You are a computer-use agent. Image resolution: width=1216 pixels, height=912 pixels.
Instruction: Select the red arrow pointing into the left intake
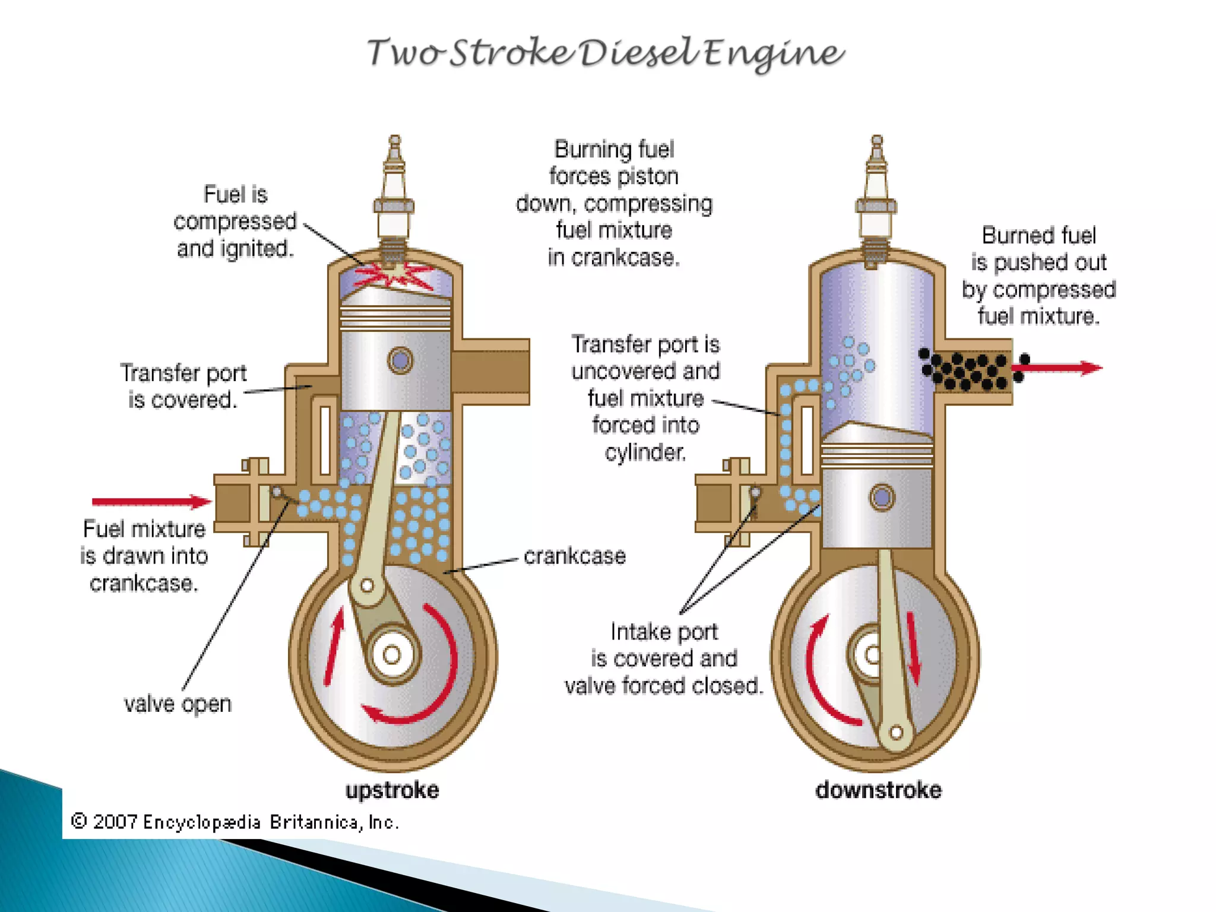(x=151, y=502)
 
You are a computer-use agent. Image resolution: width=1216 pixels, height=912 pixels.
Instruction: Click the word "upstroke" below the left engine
(x=392, y=790)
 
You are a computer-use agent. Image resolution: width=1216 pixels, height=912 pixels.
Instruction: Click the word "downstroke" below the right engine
(x=878, y=790)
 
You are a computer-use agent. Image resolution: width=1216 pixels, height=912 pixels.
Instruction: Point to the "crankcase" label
(x=574, y=556)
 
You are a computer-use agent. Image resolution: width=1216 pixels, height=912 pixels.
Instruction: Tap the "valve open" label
(x=178, y=704)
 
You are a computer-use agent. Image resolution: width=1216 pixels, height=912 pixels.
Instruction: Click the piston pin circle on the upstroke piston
(x=400, y=360)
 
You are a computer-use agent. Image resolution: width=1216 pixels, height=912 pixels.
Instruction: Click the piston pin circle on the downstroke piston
(x=882, y=497)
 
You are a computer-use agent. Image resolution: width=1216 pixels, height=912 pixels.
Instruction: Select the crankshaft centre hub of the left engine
(x=391, y=655)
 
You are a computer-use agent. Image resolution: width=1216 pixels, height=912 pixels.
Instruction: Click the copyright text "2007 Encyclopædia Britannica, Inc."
(x=235, y=822)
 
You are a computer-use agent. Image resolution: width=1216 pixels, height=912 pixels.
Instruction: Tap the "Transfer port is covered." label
(x=183, y=386)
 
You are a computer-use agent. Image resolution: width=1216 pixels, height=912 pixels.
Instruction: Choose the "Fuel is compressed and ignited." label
(x=235, y=221)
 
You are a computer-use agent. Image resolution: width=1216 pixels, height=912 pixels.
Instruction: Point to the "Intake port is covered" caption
(x=664, y=658)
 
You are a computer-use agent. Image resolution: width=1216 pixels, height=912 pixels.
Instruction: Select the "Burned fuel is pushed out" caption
(x=1039, y=275)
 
